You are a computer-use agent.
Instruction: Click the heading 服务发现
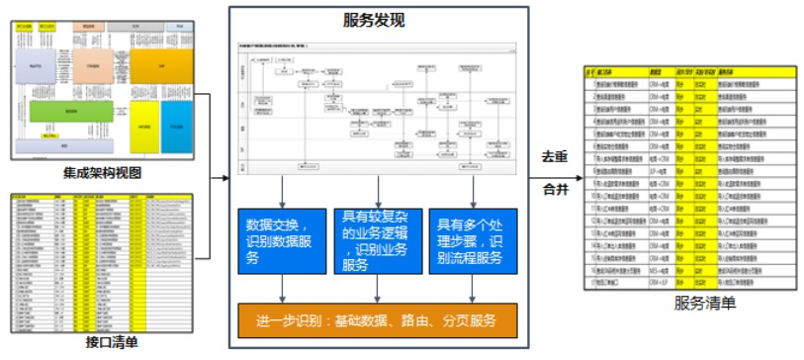pyautogui.click(x=373, y=20)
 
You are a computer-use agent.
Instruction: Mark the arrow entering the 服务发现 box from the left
pyautogui.click(x=221, y=178)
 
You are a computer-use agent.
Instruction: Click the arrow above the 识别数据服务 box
pyautogui.click(x=283, y=191)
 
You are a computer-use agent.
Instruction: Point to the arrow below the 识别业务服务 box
pyautogui.click(x=377, y=287)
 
